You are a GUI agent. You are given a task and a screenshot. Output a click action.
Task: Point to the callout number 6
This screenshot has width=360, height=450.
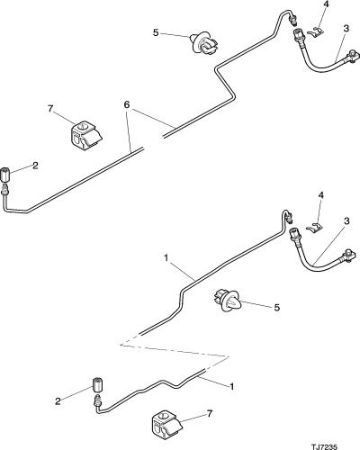[127, 104]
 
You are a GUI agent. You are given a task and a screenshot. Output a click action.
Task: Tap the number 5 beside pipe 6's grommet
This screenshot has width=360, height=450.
[156, 32]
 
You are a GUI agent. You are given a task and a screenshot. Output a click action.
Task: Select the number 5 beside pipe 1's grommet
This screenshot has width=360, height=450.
[276, 307]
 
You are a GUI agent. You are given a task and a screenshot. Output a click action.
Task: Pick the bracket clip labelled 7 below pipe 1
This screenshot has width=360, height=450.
[166, 422]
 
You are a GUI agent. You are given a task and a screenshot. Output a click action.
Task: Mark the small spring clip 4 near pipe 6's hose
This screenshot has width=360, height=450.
[315, 32]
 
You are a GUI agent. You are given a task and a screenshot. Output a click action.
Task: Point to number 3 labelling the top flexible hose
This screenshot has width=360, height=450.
[346, 29]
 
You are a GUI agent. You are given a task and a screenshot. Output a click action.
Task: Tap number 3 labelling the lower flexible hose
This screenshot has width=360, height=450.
[346, 221]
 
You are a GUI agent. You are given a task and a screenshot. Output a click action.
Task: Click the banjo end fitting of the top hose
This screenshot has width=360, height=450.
[352, 57]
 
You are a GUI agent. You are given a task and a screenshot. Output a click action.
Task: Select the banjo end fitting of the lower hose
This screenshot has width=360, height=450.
[348, 255]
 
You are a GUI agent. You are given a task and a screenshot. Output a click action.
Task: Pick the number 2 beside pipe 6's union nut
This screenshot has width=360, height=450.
[35, 166]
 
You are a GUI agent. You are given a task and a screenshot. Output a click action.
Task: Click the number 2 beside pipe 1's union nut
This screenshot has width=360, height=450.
[58, 401]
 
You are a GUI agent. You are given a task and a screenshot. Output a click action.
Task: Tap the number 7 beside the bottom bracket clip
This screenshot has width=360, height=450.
[210, 414]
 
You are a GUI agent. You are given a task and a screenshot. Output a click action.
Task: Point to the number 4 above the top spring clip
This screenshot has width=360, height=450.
[326, 4]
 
